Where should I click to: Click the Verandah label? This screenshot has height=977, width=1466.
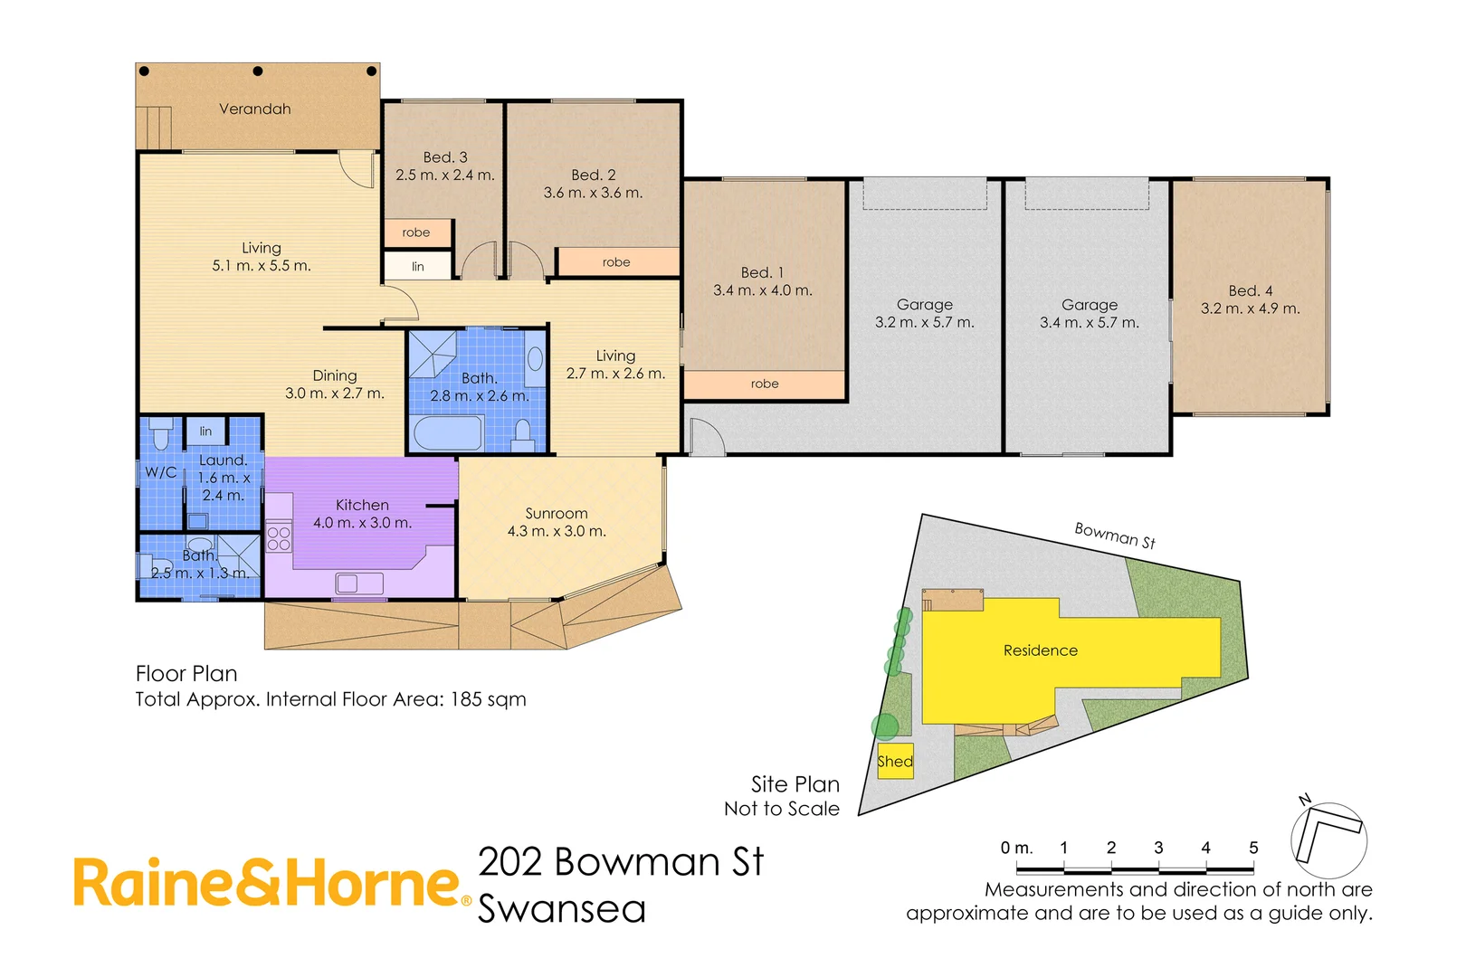[x=255, y=109]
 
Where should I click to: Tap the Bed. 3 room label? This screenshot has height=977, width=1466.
[x=445, y=157]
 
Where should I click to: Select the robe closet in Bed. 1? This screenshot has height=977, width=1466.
[x=765, y=384]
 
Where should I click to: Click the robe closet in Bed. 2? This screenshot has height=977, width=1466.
[x=616, y=262]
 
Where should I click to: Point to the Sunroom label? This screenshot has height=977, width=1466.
[x=557, y=514]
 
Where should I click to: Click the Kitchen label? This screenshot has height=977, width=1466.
[x=362, y=506]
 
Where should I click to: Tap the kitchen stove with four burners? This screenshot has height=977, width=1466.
[x=279, y=539]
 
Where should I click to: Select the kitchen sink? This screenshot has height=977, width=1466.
[x=359, y=583]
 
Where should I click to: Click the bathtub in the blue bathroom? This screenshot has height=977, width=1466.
[x=448, y=433]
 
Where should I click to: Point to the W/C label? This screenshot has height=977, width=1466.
[x=160, y=472]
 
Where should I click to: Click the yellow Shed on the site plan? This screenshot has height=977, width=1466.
[x=895, y=762]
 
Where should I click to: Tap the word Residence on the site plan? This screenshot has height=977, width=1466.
[x=1041, y=650]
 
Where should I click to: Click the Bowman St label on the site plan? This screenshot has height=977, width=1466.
[x=1114, y=536]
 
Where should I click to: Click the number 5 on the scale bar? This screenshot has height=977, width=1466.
[x=1253, y=849]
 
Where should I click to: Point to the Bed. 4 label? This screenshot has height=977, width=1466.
[x=1251, y=291]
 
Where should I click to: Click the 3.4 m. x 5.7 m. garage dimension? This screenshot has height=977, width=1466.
[x=1090, y=323]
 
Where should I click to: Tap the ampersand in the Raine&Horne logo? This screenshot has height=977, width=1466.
[x=262, y=885]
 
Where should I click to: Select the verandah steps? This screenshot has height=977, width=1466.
[x=154, y=128]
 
